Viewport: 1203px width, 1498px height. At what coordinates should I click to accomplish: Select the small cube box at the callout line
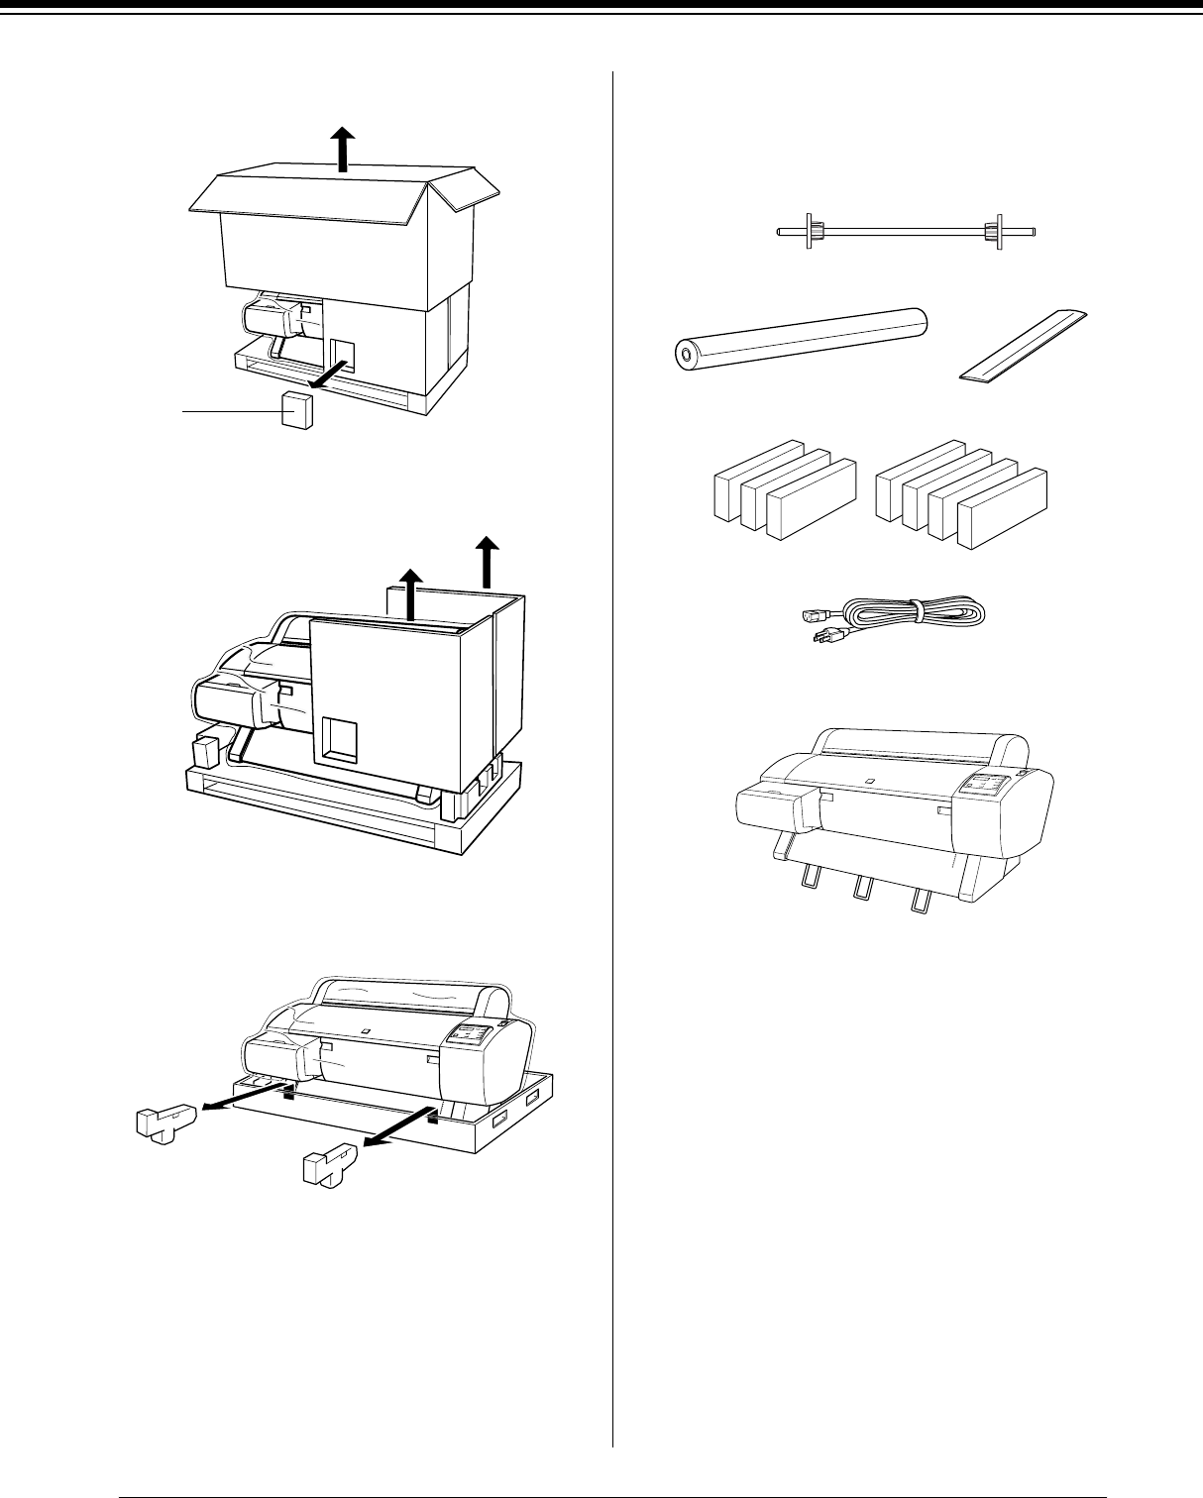(297, 409)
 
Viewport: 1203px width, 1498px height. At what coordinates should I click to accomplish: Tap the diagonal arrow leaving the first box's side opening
(328, 376)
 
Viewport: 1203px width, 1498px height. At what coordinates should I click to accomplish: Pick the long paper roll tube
(800, 338)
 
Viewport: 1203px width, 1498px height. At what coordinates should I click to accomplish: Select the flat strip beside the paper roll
(1025, 346)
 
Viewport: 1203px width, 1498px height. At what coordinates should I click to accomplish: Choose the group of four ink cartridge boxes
(961, 494)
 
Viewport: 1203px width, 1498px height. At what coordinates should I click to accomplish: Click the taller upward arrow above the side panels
(487, 561)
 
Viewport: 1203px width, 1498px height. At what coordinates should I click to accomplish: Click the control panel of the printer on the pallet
(466, 1036)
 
